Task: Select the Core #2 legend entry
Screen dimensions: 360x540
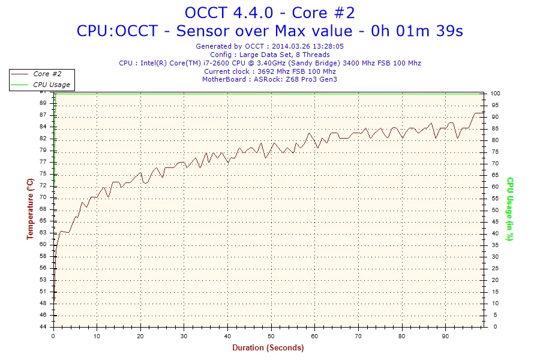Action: [47, 74]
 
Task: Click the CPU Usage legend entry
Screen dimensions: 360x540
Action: [51, 85]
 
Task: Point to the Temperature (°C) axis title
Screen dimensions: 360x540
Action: [30, 209]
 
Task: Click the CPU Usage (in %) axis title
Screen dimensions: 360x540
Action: [509, 209]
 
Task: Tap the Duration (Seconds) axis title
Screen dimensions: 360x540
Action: [268, 348]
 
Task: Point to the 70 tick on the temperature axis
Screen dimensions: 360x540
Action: [44, 197]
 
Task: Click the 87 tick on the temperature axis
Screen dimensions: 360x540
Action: [44, 115]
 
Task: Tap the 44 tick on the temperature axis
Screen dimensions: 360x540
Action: [44, 327]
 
